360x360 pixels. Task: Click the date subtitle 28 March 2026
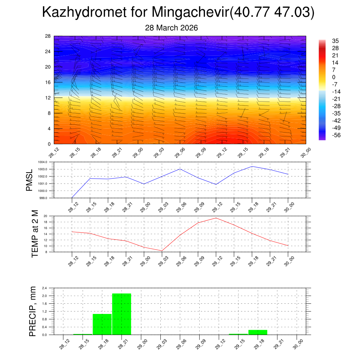171,28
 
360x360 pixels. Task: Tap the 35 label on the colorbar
335,41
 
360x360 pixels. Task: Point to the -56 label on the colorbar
336,135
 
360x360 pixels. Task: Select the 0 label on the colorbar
334,77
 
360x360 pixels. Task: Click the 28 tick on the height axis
48,36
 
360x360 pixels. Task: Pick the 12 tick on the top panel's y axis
48,98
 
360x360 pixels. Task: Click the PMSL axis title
29,180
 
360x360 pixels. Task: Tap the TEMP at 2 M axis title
34,233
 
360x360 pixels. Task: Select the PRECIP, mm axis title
32,311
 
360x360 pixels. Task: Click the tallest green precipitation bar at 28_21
122,314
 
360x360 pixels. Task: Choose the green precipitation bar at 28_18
102,324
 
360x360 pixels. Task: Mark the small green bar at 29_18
258,332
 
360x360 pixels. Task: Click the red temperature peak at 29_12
216,218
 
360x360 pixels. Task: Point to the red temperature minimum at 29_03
162,251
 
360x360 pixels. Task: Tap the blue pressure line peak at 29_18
252,166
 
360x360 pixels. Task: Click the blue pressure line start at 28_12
72,198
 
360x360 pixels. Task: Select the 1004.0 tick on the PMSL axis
47,162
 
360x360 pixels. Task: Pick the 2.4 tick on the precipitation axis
45,288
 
